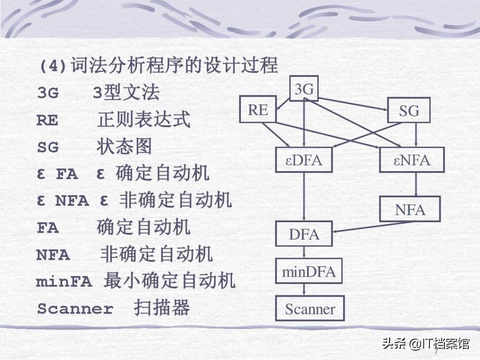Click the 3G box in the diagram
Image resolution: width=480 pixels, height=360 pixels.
(304, 89)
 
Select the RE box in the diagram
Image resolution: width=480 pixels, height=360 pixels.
(258, 109)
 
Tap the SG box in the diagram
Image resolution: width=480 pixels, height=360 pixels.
(409, 110)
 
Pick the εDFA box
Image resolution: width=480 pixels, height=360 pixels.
(304, 160)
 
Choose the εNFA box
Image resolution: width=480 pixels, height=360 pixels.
(412, 160)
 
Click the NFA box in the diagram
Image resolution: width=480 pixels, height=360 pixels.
(410, 210)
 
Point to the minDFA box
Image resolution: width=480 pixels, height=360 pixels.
(308, 271)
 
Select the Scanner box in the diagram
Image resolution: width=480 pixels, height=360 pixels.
(310, 308)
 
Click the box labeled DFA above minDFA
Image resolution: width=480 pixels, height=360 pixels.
(304, 234)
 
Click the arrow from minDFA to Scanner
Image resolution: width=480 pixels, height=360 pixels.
(304, 290)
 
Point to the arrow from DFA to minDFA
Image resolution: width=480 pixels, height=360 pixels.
(304, 252)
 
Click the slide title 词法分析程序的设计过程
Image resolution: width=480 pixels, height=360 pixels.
(174, 65)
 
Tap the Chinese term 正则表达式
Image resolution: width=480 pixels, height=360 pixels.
(144, 120)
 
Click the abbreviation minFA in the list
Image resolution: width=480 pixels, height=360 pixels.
(64, 282)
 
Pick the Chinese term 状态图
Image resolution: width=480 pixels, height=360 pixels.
(124, 146)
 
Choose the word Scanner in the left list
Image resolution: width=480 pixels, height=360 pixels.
(75, 308)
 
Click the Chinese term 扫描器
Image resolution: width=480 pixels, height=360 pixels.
(162, 307)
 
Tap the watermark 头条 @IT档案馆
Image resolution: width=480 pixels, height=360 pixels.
(426, 344)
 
